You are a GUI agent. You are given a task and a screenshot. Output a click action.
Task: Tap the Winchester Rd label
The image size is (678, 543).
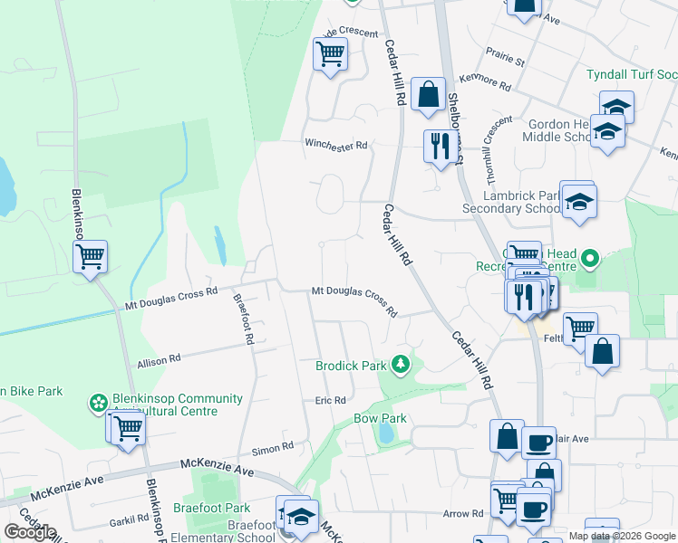pyautogui.click(x=336, y=145)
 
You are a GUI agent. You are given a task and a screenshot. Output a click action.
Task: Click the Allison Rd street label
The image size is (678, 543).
pyautogui.click(x=159, y=359)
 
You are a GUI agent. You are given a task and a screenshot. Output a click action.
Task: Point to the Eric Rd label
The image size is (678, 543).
pyautogui.click(x=331, y=400)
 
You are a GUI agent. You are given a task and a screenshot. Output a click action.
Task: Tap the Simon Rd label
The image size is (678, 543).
pyautogui.click(x=273, y=447)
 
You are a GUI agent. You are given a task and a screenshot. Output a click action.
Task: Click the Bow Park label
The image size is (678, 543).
pyautogui.click(x=380, y=419)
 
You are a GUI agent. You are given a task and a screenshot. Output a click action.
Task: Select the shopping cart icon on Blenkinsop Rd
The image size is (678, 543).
pyautogui.click(x=90, y=257)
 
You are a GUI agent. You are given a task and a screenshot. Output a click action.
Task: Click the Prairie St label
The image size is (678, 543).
pyautogui.click(x=507, y=62)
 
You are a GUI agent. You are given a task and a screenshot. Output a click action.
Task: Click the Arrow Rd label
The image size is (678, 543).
pyautogui.click(x=463, y=513)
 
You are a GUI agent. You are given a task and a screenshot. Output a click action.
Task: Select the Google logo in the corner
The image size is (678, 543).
pyautogui.click(x=30, y=532)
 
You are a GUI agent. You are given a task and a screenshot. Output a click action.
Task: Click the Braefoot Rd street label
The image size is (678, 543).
pyautogui.click(x=243, y=319)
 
